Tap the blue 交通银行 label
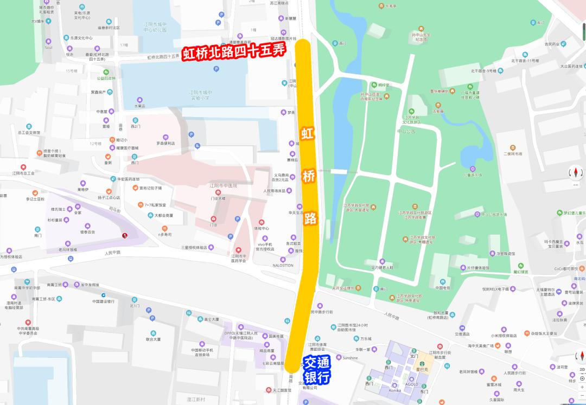tap(317, 370)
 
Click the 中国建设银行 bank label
tap(103, 301)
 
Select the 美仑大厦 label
tap(211, 319)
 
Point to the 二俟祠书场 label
tap(513, 153)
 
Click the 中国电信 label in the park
tap(443, 288)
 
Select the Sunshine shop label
tap(350, 358)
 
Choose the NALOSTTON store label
tap(283, 265)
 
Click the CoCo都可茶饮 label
tap(569, 268)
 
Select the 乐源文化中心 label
tap(81, 38)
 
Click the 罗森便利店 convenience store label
tap(165, 144)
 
